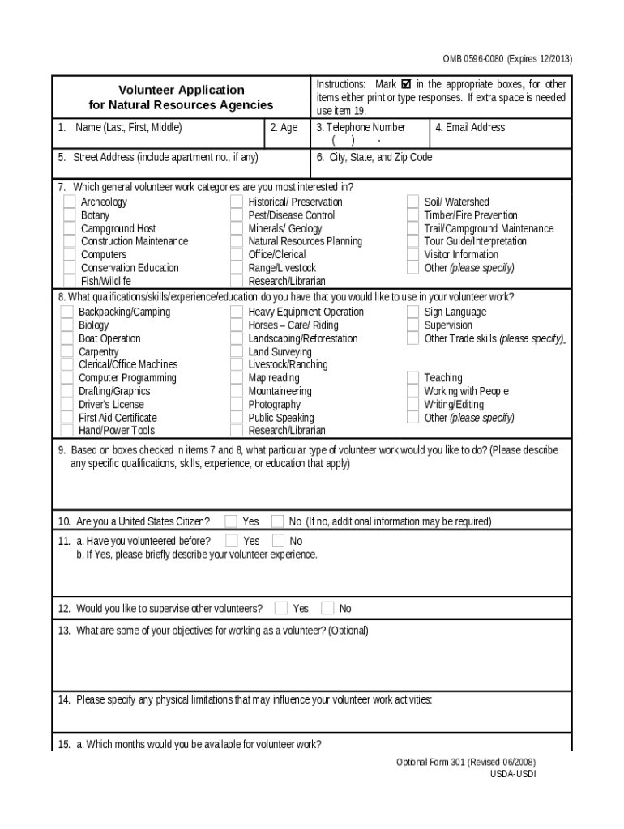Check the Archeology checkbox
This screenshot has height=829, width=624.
tap(70, 202)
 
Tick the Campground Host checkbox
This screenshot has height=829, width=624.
tap(70, 229)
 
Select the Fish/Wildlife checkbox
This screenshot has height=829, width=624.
tap(70, 282)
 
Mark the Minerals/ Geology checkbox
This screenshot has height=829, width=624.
tap(237, 229)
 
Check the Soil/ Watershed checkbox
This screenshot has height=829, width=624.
tap(413, 202)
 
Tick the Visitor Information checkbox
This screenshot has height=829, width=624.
tap(413, 255)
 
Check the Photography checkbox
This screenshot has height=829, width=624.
tap(237, 405)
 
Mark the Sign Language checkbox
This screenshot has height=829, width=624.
tap(413, 312)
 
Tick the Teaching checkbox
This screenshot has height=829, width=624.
tap(413, 378)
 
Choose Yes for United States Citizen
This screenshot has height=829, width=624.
tap(232, 521)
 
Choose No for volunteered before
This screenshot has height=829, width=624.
tap(278, 541)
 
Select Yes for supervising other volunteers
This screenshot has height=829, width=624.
tap(281, 608)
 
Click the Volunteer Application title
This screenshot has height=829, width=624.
tap(182, 90)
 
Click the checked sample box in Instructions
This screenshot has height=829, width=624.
tap(407, 84)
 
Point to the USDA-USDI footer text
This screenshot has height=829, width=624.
tap(512, 774)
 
